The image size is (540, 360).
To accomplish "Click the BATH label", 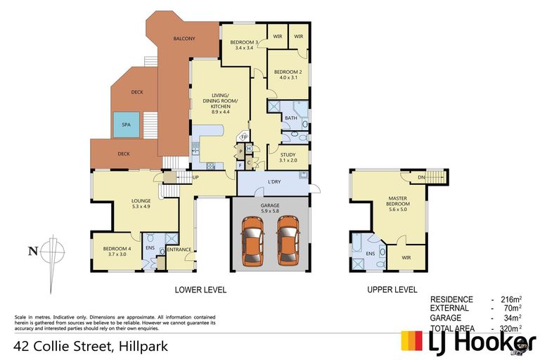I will pos(291,117).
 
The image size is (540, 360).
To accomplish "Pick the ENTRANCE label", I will pos(179,249).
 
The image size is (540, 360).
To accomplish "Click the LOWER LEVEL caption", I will pos(200,290).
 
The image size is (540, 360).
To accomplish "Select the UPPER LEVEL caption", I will pos(392,290).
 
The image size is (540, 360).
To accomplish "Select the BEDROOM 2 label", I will pos(288,72).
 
